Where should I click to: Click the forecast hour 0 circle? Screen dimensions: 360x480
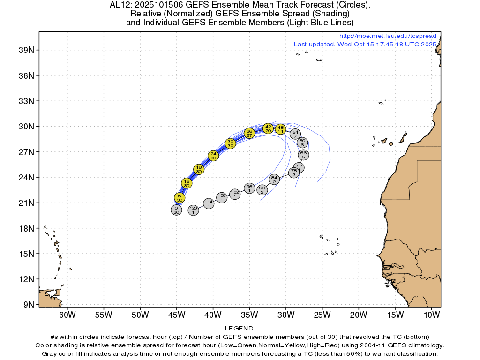pos(176,210)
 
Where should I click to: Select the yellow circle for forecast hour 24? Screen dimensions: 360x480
pos(213,156)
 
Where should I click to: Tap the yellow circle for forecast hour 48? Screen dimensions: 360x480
pos(280,129)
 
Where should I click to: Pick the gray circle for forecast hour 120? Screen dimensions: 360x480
pos(193,210)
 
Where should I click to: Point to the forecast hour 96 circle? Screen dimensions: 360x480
pos(249,188)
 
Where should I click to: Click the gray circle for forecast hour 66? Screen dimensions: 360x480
pos(303,155)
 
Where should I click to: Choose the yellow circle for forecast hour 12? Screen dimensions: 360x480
pos(187,183)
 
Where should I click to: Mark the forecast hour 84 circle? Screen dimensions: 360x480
pos(274,179)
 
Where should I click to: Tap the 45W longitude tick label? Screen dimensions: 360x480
pos(176,314)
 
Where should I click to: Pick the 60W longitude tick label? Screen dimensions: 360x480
pos(67,314)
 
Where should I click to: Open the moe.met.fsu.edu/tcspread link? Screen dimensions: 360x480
pos(387,36)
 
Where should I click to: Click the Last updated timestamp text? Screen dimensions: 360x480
pos(365,44)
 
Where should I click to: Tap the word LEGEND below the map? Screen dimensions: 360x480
pos(240,329)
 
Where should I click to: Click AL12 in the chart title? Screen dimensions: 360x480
pos(119,5)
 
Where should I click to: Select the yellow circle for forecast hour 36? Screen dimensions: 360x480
pos(249,133)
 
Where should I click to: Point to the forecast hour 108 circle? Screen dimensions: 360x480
pos(222,197)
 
